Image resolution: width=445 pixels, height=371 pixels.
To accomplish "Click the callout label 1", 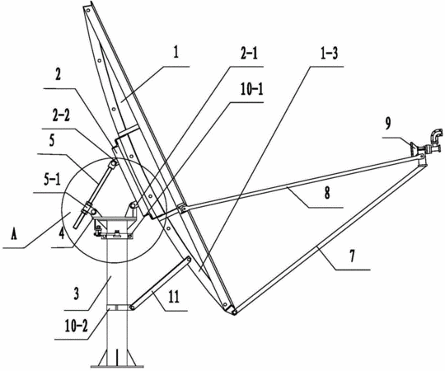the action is pyautogui.click(x=176, y=53).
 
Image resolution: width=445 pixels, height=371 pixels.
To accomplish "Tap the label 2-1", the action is pyautogui.click(x=249, y=54).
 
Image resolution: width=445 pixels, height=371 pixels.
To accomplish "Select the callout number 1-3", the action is pyautogui.click(x=329, y=54).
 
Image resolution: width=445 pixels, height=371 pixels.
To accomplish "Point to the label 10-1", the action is pyautogui.click(x=252, y=89).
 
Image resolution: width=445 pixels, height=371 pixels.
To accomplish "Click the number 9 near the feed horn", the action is pyautogui.click(x=388, y=123).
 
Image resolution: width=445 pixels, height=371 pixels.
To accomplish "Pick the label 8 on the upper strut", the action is pyautogui.click(x=327, y=193).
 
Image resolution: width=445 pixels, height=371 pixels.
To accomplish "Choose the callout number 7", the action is pyautogui.click(x=352, y=256).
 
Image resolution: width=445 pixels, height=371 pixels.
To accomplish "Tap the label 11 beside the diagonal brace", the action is pyautogui.click(x=174, y=297).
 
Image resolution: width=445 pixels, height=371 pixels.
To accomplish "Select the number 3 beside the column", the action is pyautogui.click(x=77, y=294).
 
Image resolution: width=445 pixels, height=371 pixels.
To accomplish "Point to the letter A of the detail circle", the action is pyautogui.click(x=12, y=234).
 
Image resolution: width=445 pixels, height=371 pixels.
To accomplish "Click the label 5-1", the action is pyautogui.click(x=52, y=180).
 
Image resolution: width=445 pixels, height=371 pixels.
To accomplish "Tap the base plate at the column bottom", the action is pyautogui.click(x=117, y=366).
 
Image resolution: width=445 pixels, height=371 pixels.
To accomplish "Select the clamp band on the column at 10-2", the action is pyautogui.click(x=117, y=308).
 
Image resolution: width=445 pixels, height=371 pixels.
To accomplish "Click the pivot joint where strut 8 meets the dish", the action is pyautogui.click(x=182, y=209).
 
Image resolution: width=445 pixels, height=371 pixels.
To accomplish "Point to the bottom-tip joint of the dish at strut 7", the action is pyautogui.click(x=233, y=312).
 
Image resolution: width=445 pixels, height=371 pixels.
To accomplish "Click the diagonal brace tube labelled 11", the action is pyautogui.click(x=161, y=283).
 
